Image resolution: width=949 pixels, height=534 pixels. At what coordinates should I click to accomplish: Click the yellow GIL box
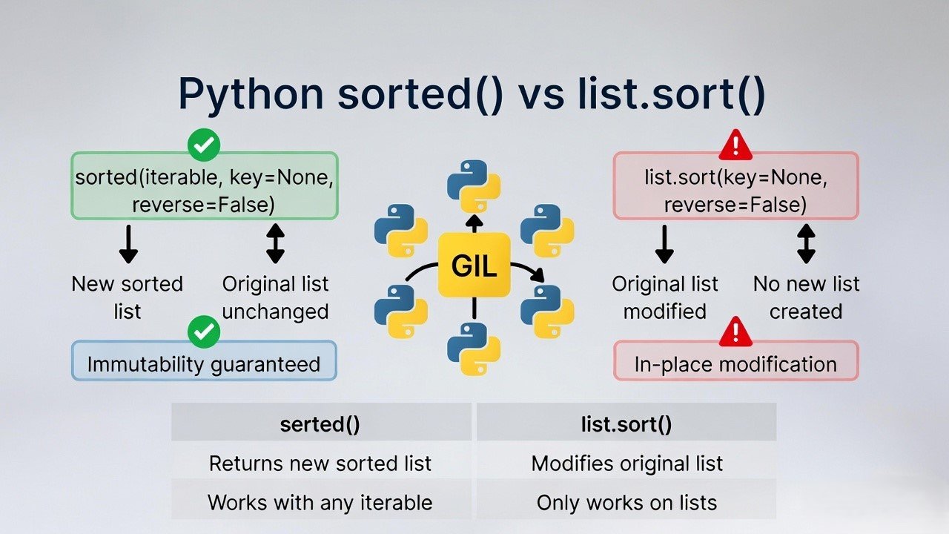[474, 266]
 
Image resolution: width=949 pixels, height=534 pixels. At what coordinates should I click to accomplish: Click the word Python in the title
[251, 95]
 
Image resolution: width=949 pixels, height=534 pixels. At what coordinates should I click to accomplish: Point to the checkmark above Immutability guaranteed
[204, 332]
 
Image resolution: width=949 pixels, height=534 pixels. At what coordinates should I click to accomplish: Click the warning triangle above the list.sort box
[735, 145]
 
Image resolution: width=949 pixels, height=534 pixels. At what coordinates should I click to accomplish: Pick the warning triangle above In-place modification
[735, 332]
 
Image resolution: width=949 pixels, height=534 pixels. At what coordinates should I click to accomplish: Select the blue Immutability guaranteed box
[204, 363]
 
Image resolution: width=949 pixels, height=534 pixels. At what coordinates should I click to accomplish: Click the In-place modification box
[735, 363]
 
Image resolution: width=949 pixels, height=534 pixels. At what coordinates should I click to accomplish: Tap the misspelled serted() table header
[320, 424]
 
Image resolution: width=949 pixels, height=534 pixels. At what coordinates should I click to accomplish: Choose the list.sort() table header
[626, 424]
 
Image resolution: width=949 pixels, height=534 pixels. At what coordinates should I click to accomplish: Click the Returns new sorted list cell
[320, 464]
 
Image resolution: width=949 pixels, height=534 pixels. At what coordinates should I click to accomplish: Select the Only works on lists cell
[626, 502]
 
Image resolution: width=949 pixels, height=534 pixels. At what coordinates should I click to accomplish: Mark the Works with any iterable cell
[320, 502]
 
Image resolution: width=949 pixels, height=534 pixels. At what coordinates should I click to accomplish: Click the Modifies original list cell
[626, 464]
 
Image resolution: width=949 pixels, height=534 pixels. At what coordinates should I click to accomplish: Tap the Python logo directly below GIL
[474, 349]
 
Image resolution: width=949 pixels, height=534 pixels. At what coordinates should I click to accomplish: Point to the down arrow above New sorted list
[128, 243]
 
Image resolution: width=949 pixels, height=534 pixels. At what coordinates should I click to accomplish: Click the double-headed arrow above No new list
[806, 243]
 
